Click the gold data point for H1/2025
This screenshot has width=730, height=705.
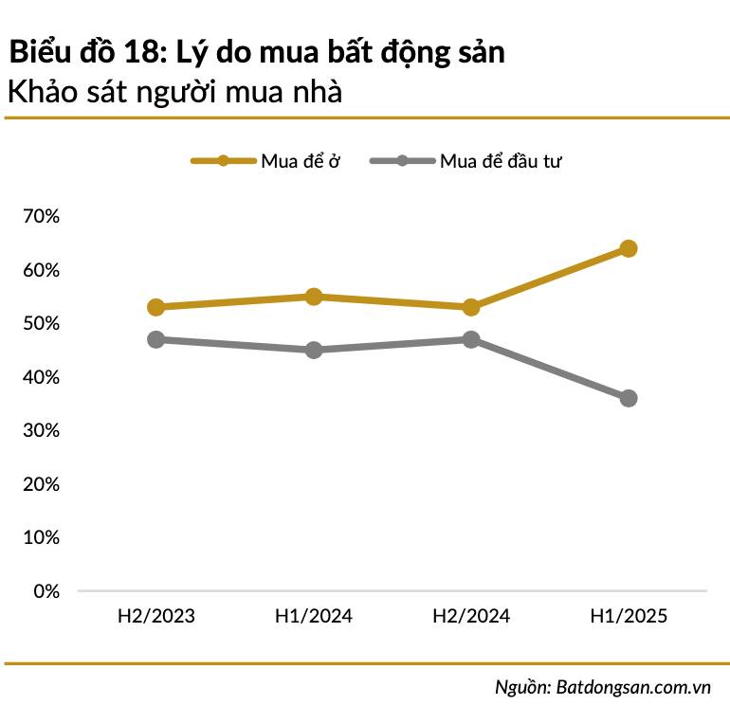point(628,248)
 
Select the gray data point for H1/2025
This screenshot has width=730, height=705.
point(628,398)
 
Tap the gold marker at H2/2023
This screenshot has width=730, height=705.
point(156,307)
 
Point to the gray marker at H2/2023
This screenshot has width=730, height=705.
point(156,339)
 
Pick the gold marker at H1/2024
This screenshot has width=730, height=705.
point(314,297)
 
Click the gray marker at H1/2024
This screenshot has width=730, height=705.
point(314,350)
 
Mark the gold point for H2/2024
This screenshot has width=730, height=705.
point(471,307)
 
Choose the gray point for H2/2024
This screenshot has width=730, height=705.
point(471,339)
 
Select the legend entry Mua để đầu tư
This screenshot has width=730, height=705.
point(502,161)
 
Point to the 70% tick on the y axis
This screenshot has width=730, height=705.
point(40,217)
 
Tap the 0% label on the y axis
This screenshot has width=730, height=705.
point(46,591)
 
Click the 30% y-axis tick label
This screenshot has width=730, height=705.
point(40,431)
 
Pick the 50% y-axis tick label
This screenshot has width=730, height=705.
point(40,324)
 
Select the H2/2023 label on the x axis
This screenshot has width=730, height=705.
point(156,616)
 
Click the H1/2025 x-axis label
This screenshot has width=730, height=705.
point(628,616)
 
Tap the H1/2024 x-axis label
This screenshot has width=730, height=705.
point(314,616)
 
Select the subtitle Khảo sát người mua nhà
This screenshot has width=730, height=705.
point(173,93)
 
